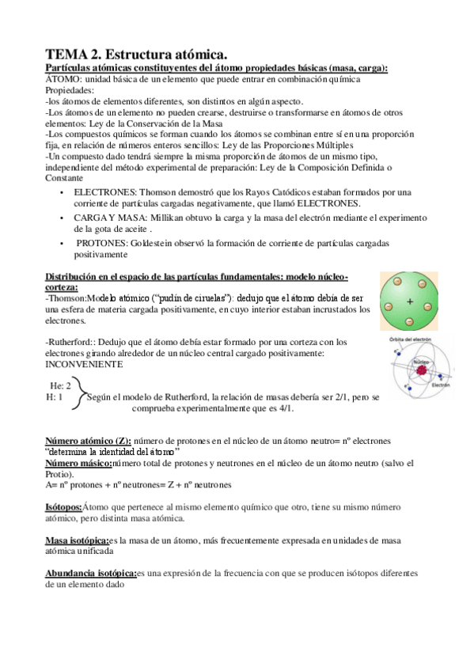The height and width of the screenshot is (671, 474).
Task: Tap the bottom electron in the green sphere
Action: click(411, 322)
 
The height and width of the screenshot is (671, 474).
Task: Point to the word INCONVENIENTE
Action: click(84, 365)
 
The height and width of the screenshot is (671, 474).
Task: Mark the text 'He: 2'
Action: click(61, 385)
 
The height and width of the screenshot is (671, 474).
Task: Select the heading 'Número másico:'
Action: click(78, 462)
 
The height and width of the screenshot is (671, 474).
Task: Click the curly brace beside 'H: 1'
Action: click(77, 396)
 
